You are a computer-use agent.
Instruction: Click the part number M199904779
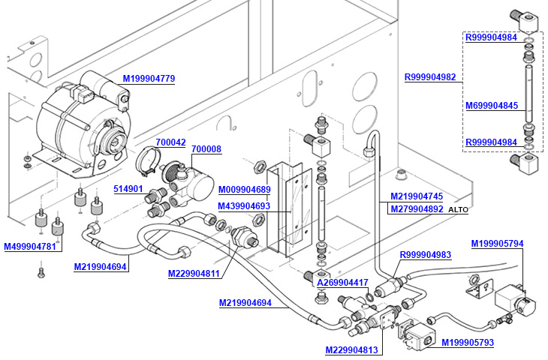click(149, 79)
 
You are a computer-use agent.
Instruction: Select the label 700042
click(170, 142)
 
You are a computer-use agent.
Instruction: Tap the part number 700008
click(206, 149)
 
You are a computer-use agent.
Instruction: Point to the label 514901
click(128, 188)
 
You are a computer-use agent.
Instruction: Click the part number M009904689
click(244, 190)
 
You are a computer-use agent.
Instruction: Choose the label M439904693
click(244, 205)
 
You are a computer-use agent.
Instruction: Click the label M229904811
click(194, 274)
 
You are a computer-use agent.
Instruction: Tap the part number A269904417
click(342, 283)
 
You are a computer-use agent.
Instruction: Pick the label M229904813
click(351, 349)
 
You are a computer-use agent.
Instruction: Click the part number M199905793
click(467, 343)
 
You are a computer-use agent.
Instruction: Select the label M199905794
click(497, 243)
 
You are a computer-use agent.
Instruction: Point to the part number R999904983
click(425, 255)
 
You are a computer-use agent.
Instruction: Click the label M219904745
click(416, 196)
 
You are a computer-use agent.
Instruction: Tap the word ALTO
click(457, 210)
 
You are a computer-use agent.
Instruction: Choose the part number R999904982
click(430, 76)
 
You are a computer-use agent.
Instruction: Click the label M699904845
click(492, 106)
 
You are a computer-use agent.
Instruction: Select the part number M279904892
click(416, 209)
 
